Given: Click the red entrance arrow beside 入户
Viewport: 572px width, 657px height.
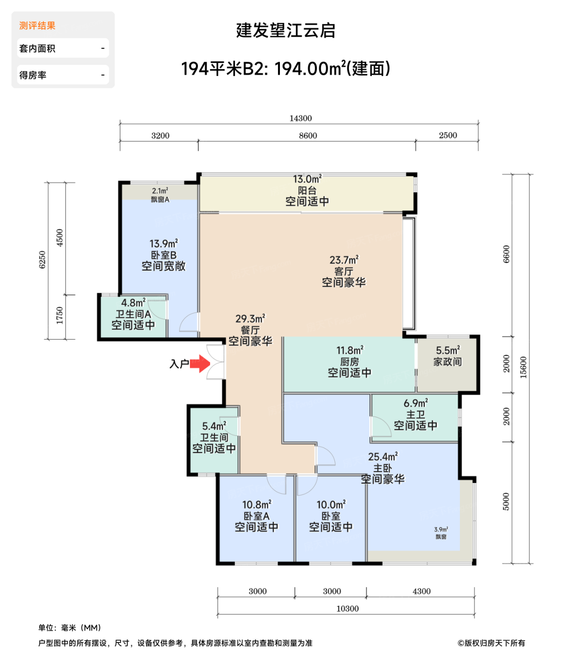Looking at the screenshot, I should tap(201, 364).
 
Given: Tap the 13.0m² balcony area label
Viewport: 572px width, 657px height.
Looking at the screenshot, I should tap(307, 180).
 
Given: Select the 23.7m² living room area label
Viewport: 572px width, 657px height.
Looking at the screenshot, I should tap(344, 260).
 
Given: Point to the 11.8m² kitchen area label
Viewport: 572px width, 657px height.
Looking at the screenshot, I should tap(350, 351).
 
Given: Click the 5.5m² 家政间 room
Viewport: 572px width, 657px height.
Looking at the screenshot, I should tap(447, 357).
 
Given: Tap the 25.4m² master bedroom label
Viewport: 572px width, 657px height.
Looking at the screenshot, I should tap(383, 457).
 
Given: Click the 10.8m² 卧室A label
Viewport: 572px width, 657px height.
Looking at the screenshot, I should tap(256, 505).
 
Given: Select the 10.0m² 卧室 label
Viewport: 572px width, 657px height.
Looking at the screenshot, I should tap(331, 505).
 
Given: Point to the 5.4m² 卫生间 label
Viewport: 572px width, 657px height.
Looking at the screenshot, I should tap(214, 427).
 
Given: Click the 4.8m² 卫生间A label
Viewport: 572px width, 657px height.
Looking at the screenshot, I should tap(133, 303).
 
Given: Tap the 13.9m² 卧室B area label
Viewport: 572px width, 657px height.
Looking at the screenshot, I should tap(164, 244).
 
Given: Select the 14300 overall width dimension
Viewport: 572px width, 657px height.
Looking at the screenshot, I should tap(301, 118).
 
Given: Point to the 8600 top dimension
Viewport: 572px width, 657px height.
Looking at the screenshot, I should tap(308, 136).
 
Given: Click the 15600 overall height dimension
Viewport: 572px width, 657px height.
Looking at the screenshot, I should tap(524, 367).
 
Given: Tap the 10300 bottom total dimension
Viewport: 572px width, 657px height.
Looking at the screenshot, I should tap(347, 609).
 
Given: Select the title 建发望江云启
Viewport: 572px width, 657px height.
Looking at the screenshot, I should tap(286, 31).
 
